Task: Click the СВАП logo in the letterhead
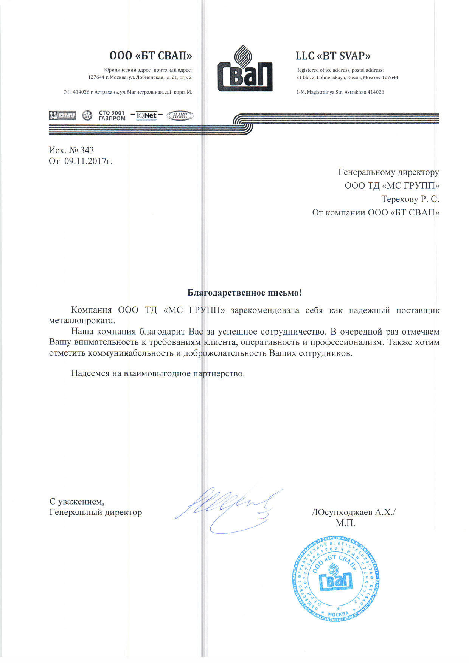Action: coord(245,69)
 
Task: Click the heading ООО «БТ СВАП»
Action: coord(151,56)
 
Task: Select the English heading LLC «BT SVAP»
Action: coord(333,56)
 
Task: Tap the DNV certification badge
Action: coord(62,116)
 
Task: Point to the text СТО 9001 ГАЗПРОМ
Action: coord(112,116)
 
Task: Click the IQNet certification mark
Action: coord(146,115)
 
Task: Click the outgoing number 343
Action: coord(87,150)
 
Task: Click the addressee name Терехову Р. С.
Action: coord(410,199)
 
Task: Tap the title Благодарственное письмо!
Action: coord(245,293)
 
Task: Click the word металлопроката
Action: coord(82,321)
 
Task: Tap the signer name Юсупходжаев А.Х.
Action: coord(354,513)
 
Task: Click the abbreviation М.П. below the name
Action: coord(345,524)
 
